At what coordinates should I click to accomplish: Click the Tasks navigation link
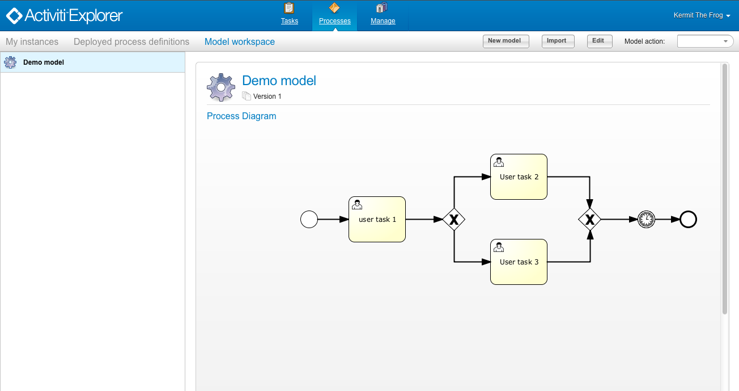(x=290, y=15)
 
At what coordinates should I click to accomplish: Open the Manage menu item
(x=383, y=15)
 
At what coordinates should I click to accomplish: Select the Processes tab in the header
(x=334, y=15)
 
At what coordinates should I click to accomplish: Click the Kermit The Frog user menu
(x=702, y=15)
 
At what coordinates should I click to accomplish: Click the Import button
(x=557, y=41)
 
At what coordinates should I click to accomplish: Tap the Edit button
(x=598, y=41)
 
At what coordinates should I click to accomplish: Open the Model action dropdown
(x=705, y=41)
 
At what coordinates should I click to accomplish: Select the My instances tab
(x=32, y=42)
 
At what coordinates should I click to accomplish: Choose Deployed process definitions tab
(x=131, y=42)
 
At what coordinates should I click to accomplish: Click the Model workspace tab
(x=240, y=42)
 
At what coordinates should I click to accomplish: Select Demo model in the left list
(x=44, y=62)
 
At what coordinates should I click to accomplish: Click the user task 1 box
(x=377, y=220)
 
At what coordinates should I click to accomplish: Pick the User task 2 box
(x=519, y=177)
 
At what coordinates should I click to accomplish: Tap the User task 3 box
(x=519, y=262)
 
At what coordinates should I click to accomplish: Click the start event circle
(x=309, y=219)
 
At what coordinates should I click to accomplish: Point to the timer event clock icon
(x=646, y=219)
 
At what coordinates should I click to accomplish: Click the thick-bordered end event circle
(x=688, y=219)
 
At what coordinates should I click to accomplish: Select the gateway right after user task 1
(x=454, y=219)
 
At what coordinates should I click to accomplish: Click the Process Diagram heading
(x=241, y=116)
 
